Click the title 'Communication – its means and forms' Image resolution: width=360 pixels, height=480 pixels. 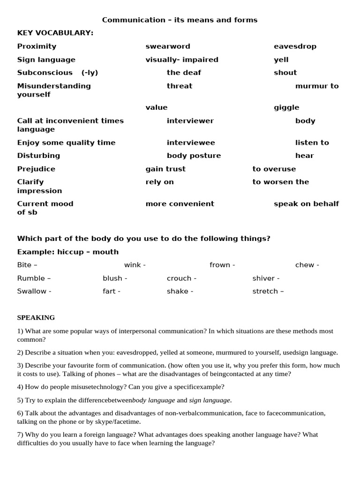[180, 20]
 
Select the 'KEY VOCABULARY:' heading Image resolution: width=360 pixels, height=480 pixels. [55, 33]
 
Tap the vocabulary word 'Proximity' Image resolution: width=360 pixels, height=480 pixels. [37, 46]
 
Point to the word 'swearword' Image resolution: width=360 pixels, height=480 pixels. [168, 46]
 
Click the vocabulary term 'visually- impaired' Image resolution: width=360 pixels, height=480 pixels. [182, 60]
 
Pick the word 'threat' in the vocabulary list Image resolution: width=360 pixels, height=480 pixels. [180, 86]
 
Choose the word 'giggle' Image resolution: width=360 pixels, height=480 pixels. [286, 107]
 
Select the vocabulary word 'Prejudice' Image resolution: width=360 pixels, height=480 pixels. [36, 169]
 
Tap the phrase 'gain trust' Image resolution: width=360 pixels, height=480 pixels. [165, 169]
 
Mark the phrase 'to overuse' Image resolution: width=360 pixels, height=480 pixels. [274, 169]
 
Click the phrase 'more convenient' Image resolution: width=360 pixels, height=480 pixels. [180, 204]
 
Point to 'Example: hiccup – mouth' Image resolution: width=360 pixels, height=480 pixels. [68, 252]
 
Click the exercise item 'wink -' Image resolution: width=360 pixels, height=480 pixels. [135, 265]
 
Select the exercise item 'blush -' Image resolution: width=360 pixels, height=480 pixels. [115, 278]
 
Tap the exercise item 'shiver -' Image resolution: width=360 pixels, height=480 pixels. [266, 278]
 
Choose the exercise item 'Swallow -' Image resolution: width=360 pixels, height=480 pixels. [34, 291]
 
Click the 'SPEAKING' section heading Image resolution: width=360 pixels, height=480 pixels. [36, 318]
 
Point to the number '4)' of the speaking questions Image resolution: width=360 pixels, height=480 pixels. [20, 387]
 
